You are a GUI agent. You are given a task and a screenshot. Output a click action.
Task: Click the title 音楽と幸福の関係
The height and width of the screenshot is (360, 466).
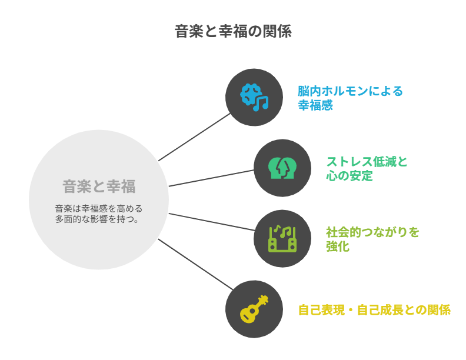pyautogui.click(x=233, y=31)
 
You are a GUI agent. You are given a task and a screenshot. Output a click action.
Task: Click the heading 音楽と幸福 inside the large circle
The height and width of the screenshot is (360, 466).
pyautogui.click(x=99, y=187)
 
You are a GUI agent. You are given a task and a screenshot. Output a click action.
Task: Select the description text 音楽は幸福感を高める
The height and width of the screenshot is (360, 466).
pyautogui.click(x=99, y=209)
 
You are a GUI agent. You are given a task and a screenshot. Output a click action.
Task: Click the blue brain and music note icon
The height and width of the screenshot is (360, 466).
pyautogui.click(x=254, y=97)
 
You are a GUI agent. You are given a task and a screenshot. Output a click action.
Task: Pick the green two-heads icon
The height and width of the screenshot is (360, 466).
pyautogui.click(x=282, y=168)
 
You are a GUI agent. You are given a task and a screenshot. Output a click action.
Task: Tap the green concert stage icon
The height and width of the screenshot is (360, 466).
pyautogui.click(x=282, y=238)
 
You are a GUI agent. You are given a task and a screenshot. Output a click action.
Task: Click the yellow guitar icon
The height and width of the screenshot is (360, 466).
pyautogui.click(x=254, y=309)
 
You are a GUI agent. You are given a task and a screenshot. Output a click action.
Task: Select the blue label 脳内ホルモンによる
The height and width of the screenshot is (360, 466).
pyautogui.click(x=350, y=91)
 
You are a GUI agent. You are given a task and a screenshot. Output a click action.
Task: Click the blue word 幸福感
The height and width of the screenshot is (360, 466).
pyautogui.click(x=315, y=106)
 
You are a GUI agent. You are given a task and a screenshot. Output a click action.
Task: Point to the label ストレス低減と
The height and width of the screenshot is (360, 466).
pyautogui.click(x=367, y=162)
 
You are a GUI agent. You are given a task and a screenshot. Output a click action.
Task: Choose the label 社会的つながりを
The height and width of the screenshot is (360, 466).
pyautogui.click(x=372, y=232)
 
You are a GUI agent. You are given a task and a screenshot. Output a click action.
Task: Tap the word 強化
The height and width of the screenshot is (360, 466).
pyautogui.click(x=338, y=246)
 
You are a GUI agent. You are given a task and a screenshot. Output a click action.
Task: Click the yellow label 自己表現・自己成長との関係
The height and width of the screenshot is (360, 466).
pyautogui.click(x=374, y=310)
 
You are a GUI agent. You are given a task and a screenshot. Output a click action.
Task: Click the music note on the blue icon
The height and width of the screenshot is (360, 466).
pyautogui.click(x=260, y=104)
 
